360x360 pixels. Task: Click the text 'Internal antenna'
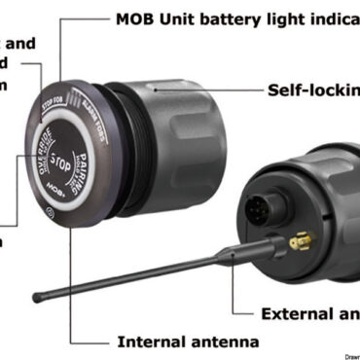(x=188, y=342)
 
